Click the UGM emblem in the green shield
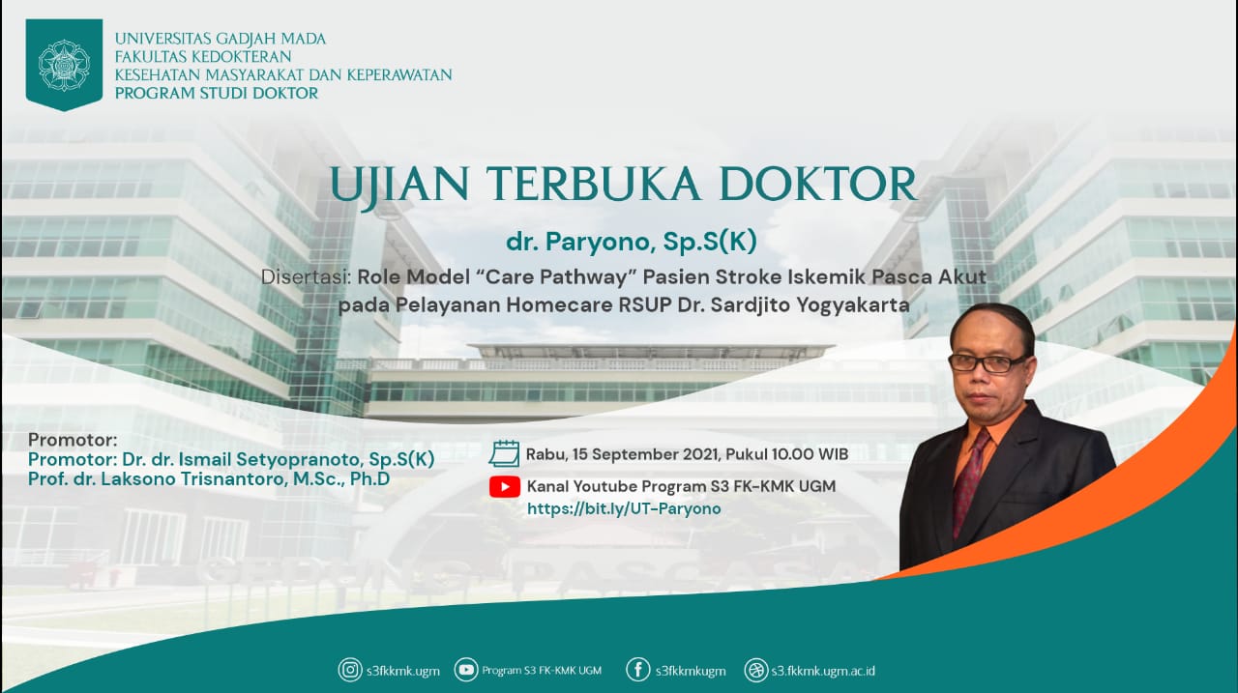click(x=64, y=65)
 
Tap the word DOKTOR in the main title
click(x=818, y=185)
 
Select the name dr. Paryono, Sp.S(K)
click(x=631, y=242)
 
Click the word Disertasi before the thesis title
click(x=306, y=276)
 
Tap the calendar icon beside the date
click(x=504, y=454)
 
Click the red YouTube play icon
click(x=504, y=487)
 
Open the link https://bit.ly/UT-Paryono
click(x=624, y=508)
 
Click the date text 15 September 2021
click(x=646, y=454)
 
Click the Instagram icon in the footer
click(x=350, y=671)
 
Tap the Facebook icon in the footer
click(x=637, y=671)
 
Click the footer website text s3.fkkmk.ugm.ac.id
click(x=823, y=671)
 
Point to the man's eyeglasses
click(x=987, y=362)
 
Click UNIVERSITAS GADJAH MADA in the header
click(x=221, y=40)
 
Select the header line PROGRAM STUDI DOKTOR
click(x=217, y=94)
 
